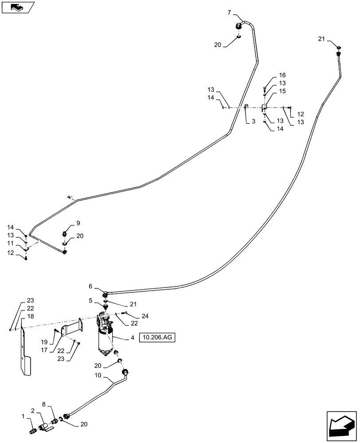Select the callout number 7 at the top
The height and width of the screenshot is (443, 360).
coord(229,13)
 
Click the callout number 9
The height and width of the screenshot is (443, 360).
coord(78,222)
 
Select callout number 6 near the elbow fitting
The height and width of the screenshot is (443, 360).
coord(90,287)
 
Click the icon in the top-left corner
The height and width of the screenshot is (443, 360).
coord(17,7)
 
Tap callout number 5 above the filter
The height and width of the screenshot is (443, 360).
coord(90,300)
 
